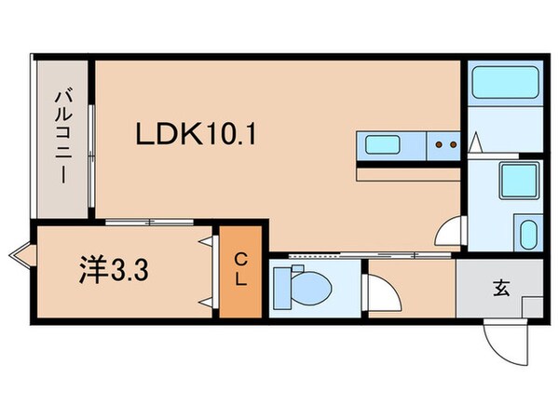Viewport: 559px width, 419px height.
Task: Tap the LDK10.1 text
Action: point(196,135)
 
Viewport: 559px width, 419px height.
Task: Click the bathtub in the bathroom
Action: point(503,87)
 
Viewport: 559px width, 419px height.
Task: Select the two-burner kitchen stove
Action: point(444,144)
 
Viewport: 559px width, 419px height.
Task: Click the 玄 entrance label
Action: point(501,289)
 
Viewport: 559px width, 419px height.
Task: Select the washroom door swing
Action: point(449,231)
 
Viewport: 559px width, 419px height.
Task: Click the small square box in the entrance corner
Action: point(532,306)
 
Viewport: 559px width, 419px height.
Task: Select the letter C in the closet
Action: point(240,258)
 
